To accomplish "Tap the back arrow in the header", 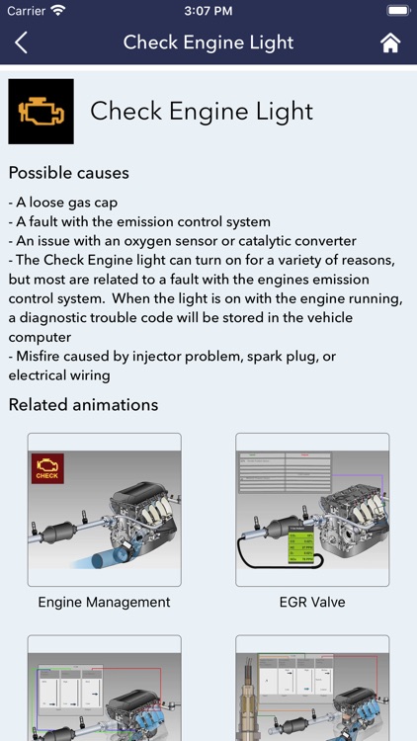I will (22, 42).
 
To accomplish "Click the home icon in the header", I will (390, 42).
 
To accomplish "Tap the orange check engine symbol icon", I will (41, 112).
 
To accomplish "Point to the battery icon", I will (398, 11).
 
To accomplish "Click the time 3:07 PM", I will (208, 11).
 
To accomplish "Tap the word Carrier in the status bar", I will (26, 11).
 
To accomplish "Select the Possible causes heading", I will (68, 173).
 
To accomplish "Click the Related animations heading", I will (83, 404).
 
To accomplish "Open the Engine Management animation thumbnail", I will (104, 510).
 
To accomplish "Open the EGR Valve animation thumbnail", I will (311, 510).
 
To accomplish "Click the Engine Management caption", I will (104, 602).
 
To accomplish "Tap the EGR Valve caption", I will (311, 602).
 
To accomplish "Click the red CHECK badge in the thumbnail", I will (47, 468).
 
